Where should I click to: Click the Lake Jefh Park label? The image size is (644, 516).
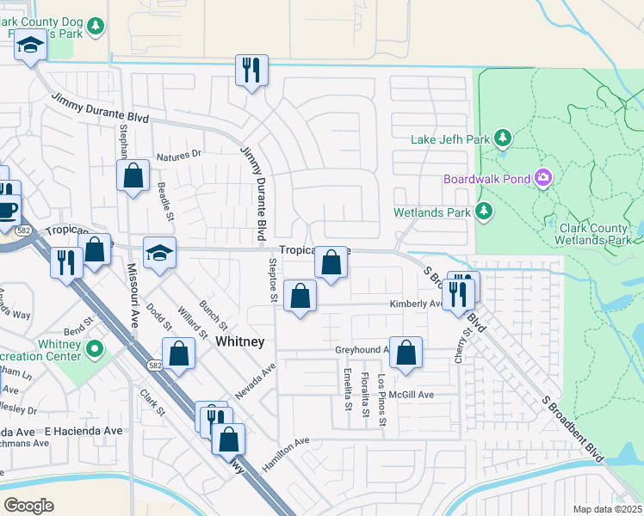[449, 139]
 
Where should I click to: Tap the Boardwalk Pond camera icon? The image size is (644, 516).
[543, 179]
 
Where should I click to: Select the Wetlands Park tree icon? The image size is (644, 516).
[485, 211]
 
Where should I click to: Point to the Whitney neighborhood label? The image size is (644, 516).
[239, 341]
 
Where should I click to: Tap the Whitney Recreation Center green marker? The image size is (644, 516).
[95, 350]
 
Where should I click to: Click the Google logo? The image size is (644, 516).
[28, 505]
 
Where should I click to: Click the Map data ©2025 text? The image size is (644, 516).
[606, 509]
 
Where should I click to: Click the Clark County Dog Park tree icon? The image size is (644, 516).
[96, 26]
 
